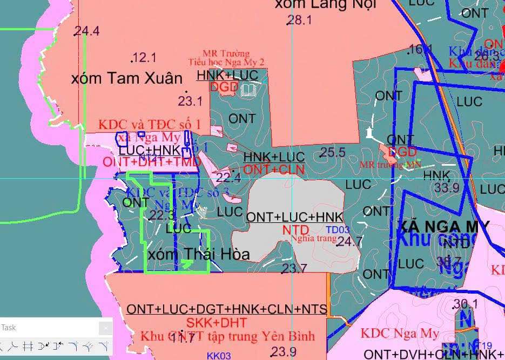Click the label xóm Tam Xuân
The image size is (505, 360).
127,78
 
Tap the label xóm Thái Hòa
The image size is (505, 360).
198,254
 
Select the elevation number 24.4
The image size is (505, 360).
87,31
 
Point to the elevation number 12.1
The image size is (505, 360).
144,57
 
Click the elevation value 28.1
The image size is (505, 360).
299,21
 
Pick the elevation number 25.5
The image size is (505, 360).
333,153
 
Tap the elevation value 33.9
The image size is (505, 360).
447,188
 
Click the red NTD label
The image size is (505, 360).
295,230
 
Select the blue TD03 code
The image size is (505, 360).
338,230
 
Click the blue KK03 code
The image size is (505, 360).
219,356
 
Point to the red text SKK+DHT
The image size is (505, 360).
217,323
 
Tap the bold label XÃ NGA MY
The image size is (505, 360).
443,226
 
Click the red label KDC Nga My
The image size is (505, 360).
400,334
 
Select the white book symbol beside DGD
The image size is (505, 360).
249,89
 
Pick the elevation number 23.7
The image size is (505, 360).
294,268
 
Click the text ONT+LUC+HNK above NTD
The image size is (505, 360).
294,217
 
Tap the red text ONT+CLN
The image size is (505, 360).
274,170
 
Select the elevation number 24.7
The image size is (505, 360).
349,242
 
